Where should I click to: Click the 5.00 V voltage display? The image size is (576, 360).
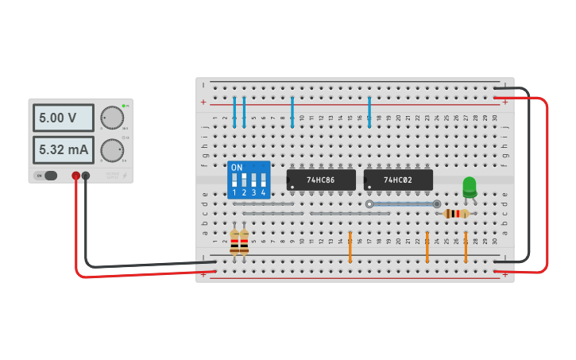(x=63, y=118)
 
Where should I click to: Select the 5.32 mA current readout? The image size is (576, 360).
(x=63, y=149)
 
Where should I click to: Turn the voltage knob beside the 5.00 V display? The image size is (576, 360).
(x=112, y=118)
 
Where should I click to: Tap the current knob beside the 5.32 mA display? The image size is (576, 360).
(x=112, y=149)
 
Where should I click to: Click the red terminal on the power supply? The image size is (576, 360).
(x=76, y=176)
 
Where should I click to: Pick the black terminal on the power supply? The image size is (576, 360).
(x=86, y=176)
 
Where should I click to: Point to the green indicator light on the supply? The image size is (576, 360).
(x=123, y=106)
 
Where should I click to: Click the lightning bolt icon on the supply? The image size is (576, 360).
(x=125, y=175)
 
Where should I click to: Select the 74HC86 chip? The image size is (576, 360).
(x=321, y=180)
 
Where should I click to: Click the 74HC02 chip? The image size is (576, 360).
(x=398, y=180)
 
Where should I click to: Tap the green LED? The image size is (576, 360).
(x=470, y=186)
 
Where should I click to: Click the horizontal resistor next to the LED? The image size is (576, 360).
(x=456, y=213)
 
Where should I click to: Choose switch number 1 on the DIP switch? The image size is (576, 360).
(x=234, y=182)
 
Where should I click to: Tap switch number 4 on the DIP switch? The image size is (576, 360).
(x=263, y=182)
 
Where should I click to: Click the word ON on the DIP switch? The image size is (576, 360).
(x=236, y=168)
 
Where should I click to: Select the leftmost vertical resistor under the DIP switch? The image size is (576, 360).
(x=234, y=242)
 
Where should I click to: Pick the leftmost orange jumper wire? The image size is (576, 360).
(x=350, y=247)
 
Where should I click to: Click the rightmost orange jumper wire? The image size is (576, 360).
(x=466, y=247)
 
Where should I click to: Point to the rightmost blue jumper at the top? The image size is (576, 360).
(x=369, y=112)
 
